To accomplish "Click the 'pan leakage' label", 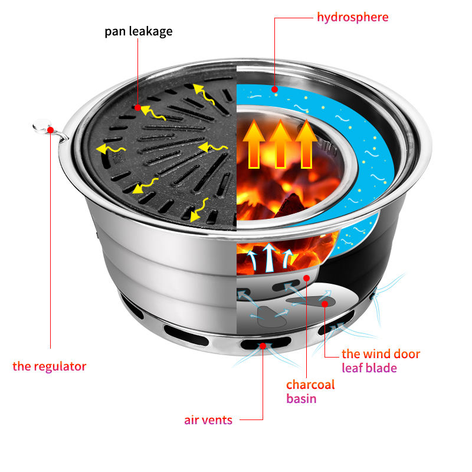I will click(x=139, y=31).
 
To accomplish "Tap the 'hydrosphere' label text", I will click(x=352, y=17).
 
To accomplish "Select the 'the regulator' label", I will click(x=50, y=366).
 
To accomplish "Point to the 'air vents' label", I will click(x=208, y=420).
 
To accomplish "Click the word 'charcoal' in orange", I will click(x=310, y=385).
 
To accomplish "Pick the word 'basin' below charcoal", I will click(x=301, y=399).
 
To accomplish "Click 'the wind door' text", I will click(x=381, y=354).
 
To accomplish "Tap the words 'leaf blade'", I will click(x=369, y=368).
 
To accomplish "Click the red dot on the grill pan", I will click(x=137, y=107).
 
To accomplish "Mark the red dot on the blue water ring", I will click(x=274, y=89).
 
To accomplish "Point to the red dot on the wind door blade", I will click(x=324, y=304).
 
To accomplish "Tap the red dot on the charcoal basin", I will click(x=306, y=277).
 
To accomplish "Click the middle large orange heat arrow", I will click(x=280, y=143).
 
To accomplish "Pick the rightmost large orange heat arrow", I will click(x=307, y=143).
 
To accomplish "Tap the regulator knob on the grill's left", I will click(x=41, y=125).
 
